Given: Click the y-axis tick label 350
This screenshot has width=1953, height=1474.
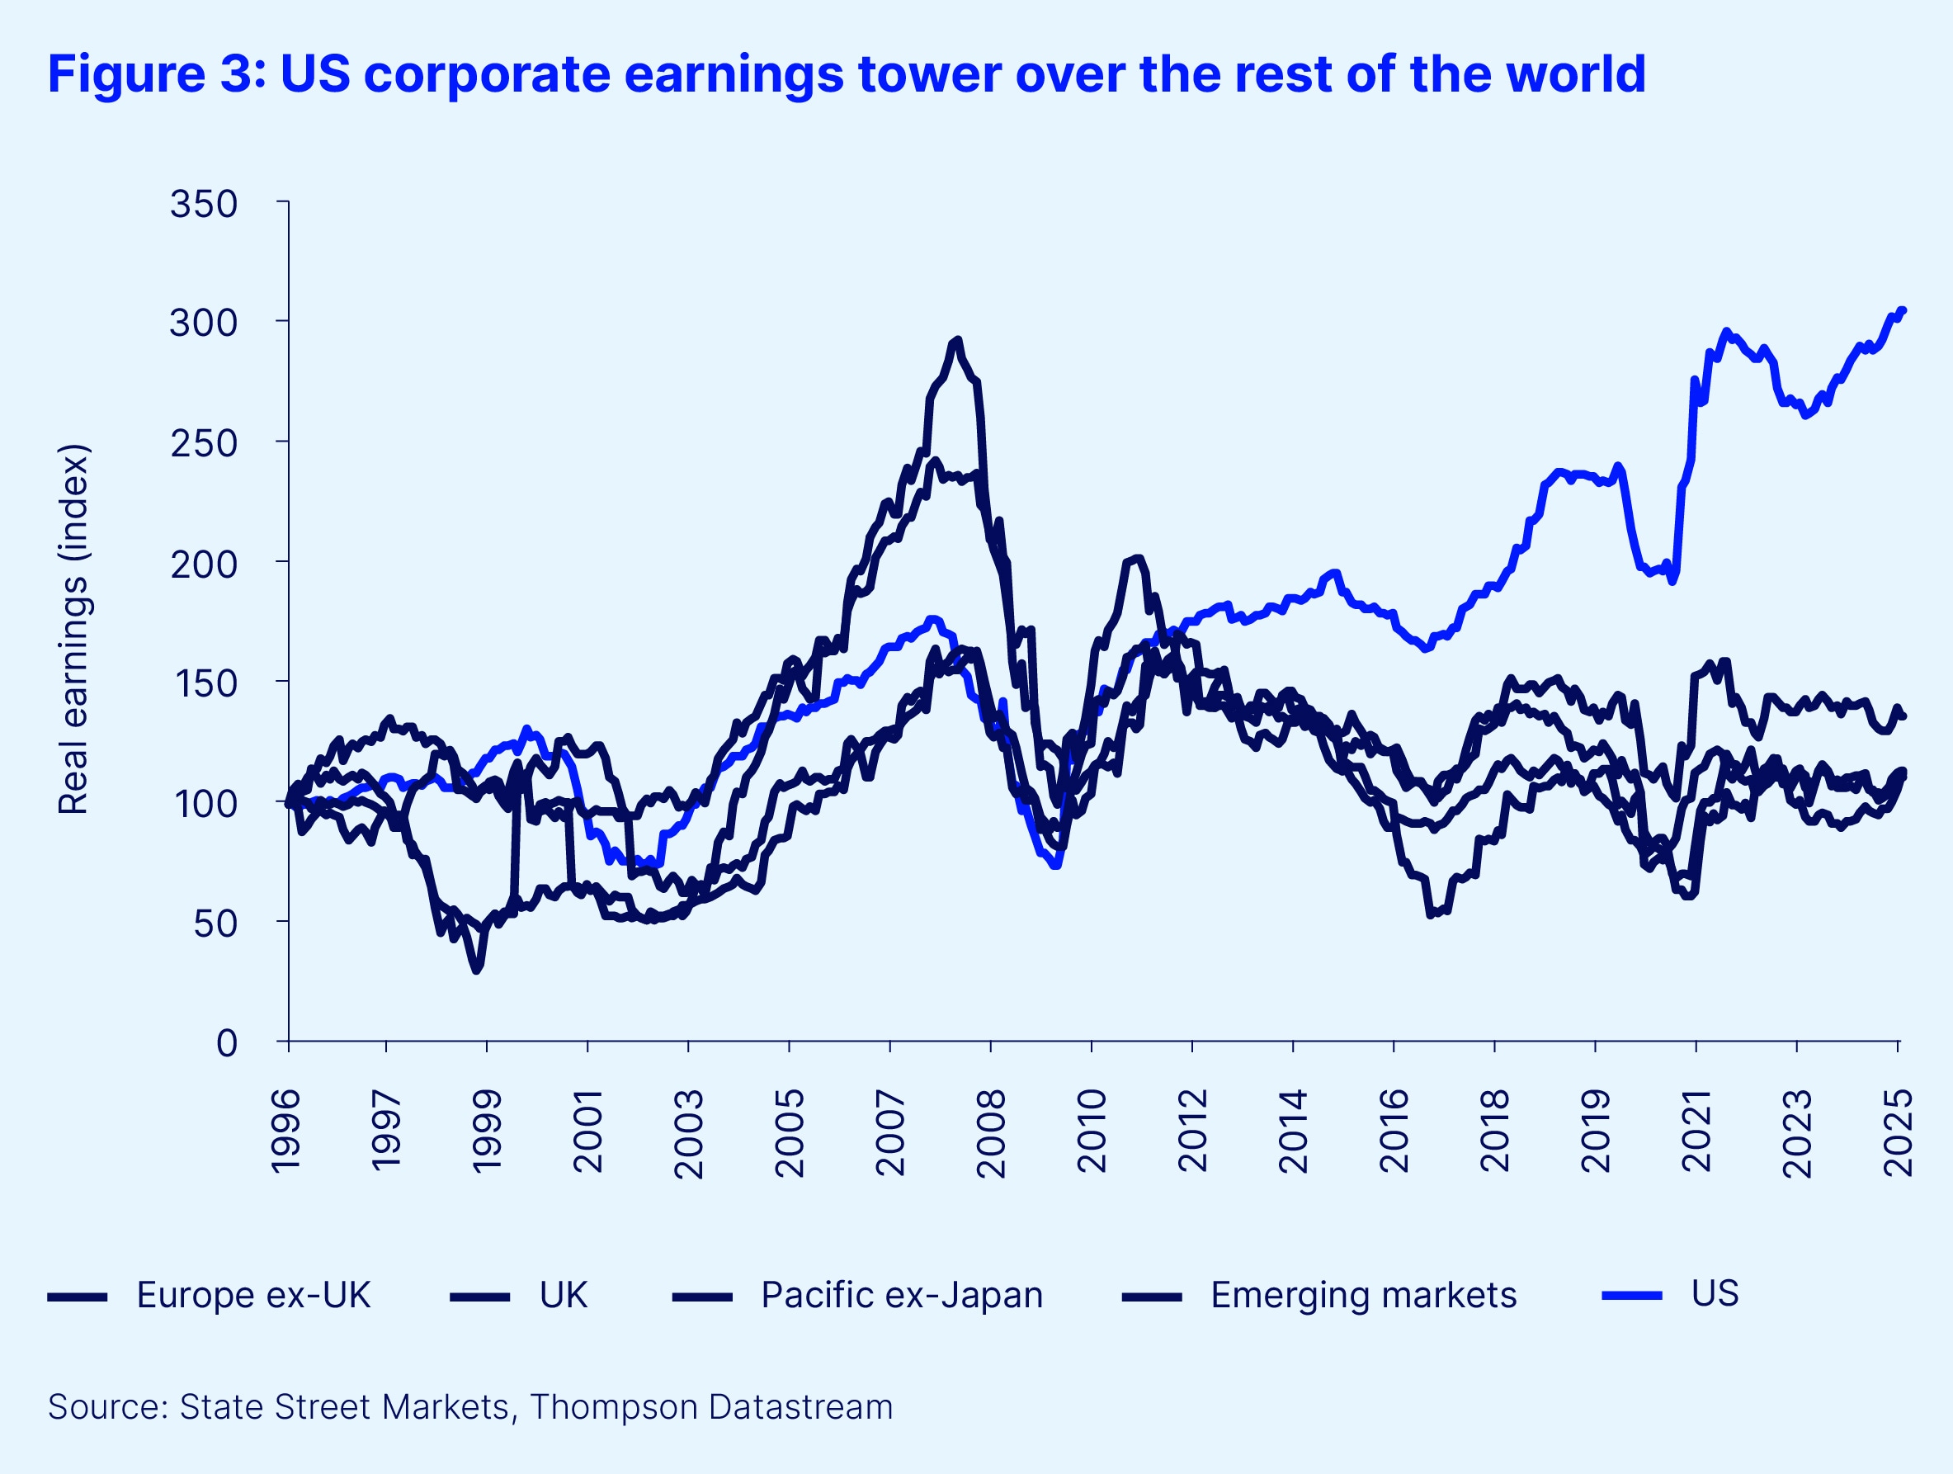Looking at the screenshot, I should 204,205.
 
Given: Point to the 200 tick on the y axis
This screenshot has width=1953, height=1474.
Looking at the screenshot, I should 204,564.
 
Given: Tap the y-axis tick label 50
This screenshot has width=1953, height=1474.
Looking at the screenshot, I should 215,924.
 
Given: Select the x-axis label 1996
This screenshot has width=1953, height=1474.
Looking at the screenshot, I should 287,1131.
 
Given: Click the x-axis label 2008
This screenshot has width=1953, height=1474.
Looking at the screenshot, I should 992,1133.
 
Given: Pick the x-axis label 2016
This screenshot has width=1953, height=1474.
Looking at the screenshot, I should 1394,1133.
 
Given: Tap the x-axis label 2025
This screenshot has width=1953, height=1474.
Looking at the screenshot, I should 1899,1133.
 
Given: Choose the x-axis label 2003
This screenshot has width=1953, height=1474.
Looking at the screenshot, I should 689,1133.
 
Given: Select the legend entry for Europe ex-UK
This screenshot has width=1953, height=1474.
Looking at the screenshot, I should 252,1296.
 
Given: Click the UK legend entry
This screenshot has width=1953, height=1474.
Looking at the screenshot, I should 564,1296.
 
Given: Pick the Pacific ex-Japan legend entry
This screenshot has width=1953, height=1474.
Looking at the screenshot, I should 902,1296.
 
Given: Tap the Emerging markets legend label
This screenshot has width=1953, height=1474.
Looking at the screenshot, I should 1363,1296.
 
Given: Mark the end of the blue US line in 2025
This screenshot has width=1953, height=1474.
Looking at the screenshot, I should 1903,310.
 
